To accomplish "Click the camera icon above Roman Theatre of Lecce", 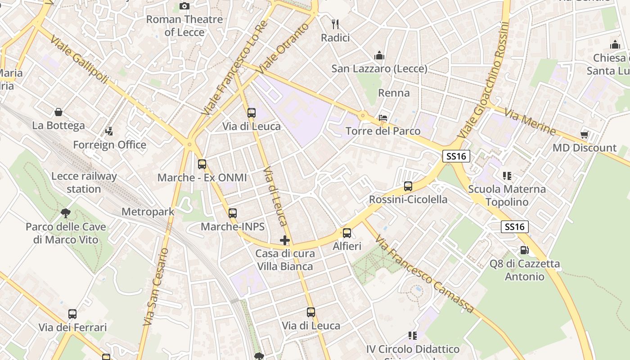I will [184, 6].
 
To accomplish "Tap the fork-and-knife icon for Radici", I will [335, 24].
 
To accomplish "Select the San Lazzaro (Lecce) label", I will [379, 69].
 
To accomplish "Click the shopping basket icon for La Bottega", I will [58, 112].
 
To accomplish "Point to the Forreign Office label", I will [110, 145].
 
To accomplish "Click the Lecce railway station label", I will [84, 183].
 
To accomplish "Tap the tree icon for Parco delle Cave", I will [66, 213].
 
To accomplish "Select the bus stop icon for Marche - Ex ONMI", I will [202, 164].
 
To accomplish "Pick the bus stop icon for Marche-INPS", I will [233, 213].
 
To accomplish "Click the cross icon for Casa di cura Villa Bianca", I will [285, 240].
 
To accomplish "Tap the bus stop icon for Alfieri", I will [347, 233].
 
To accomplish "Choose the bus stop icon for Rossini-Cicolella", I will [408, 186].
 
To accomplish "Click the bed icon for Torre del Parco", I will [383, 118].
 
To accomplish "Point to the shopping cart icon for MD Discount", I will [585, 135].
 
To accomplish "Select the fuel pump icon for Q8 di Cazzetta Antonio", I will [524, 250].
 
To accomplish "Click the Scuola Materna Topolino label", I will [507, 195].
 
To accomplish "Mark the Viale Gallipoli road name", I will [80, 59].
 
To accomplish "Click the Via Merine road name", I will [530, 121].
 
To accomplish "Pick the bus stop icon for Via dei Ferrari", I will [72, 314].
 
